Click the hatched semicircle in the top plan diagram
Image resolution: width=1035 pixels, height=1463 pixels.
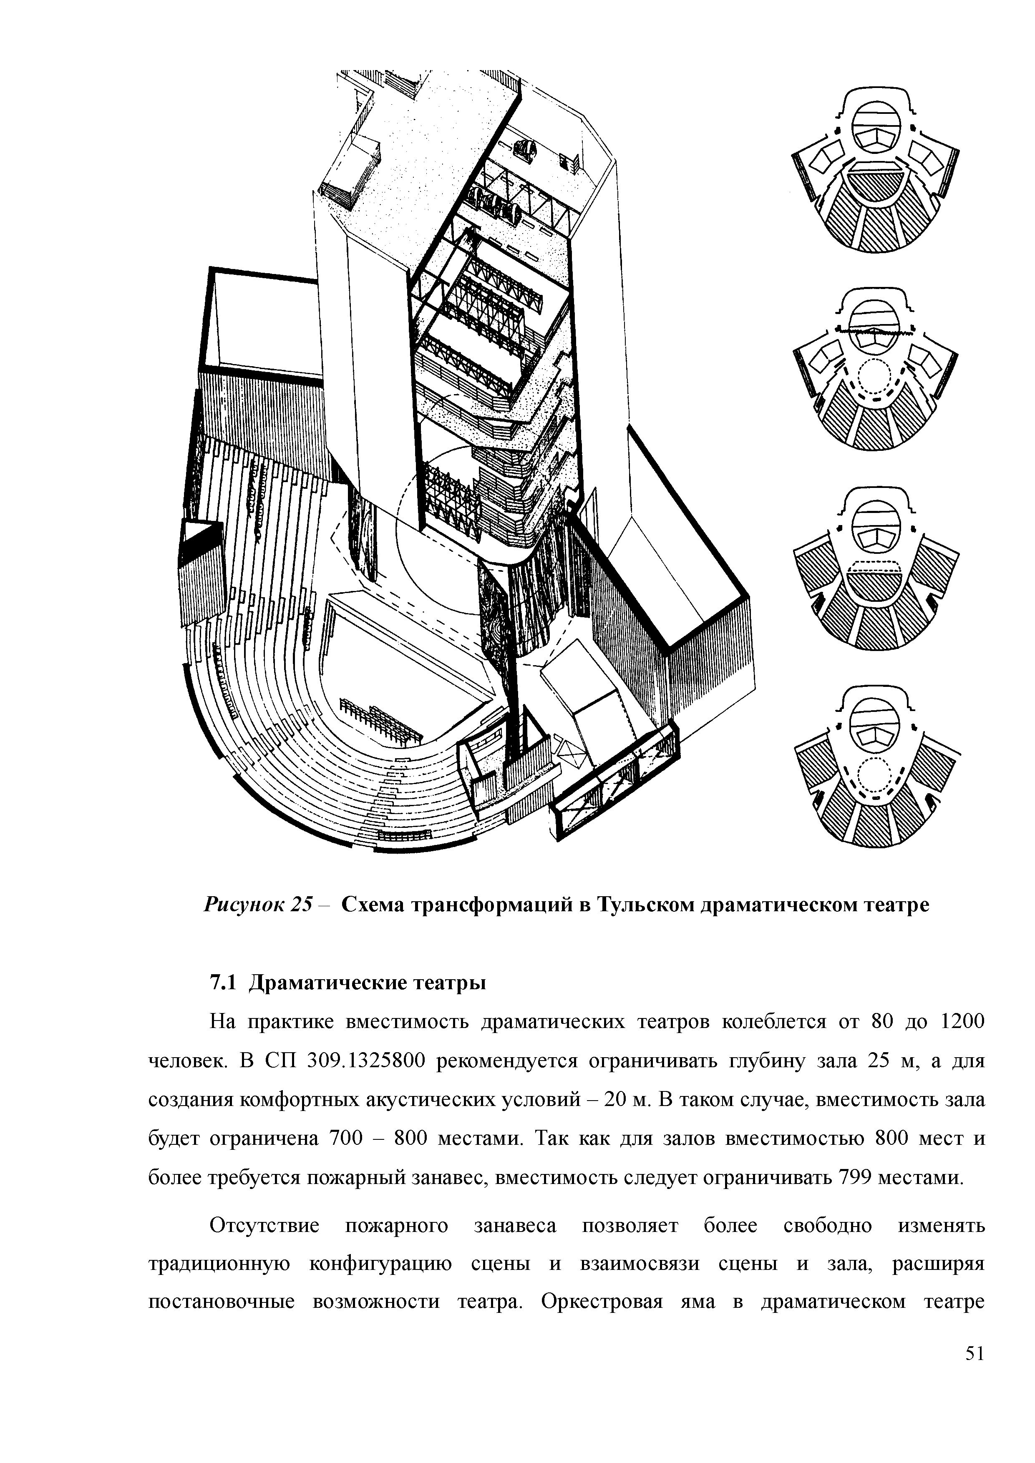876,187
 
